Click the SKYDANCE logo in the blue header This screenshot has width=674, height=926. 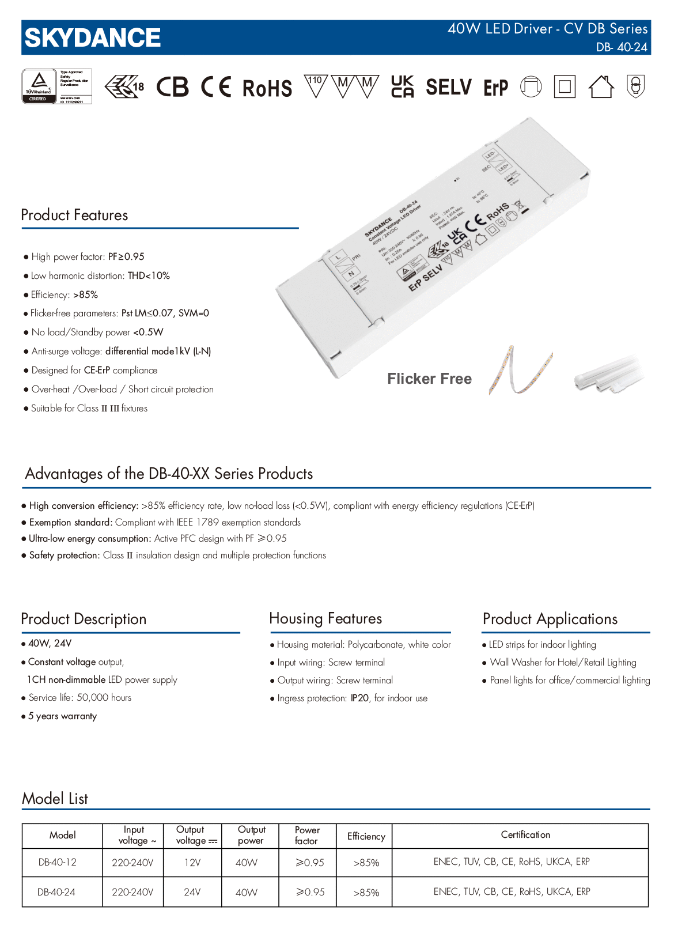click(93, 38)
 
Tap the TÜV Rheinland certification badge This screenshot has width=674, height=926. click(56, 86)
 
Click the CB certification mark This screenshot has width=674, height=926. click(172, 87)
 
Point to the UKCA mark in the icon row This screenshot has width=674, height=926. click(402, 86)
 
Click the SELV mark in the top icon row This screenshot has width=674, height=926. click(449, 87)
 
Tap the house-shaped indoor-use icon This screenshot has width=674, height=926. click(601, 87)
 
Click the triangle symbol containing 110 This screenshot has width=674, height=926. click(315, 85)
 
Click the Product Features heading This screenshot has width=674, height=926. click(74, 215)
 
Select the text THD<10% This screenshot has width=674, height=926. click(149, 276)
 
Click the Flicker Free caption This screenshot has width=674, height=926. click(429, 379)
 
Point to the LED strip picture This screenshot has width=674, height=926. click(520, 370)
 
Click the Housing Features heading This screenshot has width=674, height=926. click(325, 618)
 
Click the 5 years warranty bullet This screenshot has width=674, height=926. click(62, 716)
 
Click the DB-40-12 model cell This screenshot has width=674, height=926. click(58, 863)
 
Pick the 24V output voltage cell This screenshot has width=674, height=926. click(192, 892)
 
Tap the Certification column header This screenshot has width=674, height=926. click(525, 835)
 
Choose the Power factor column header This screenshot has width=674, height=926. click(307, 836)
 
